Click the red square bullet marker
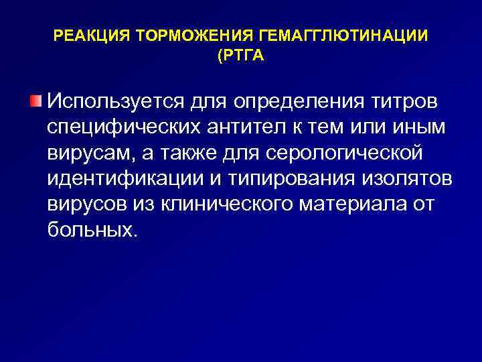pyautogui.click(x=35, y=101)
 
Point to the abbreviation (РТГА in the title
pyautogui.click(x=240, y=57)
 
